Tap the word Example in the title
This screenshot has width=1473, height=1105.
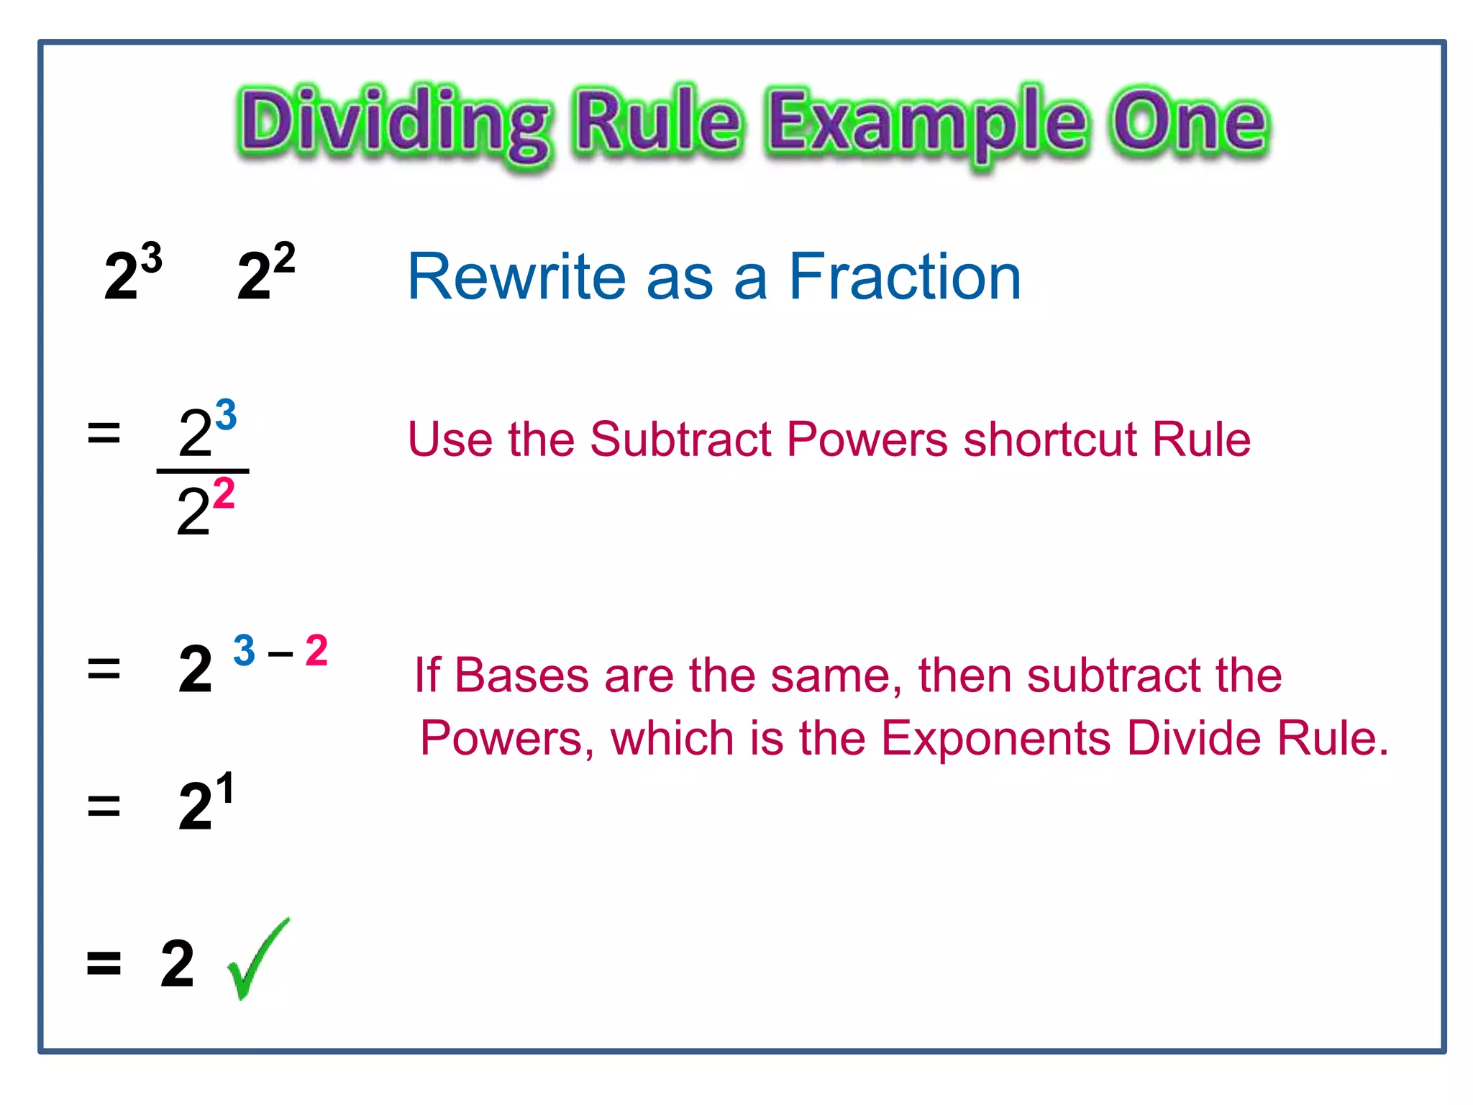pyautogui.click(x=926, y=124)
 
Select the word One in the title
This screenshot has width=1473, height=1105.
pyautogui.click(x=1188, y=122)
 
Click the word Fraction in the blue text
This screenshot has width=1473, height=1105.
pyautogui.click(x=905, y=277)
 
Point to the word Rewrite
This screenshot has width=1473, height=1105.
pyautogui.click(x=516, y=277)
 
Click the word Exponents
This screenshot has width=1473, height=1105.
pyautogui.click(x=996, y=739)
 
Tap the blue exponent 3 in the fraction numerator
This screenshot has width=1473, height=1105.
pyautogui.click(x=225, y=415)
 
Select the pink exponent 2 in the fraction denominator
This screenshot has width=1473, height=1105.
pyautogui.click(x=224, y=494)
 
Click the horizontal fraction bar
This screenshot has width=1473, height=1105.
pyautogui.click(x=203, y=471)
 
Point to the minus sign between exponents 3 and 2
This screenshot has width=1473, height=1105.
pyautogui.click(x=280, y=654)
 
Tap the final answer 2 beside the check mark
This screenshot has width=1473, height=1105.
pyautogui.click(x=177, y=964)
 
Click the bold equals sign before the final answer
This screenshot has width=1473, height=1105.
pyautogui.click(x=104, y=963)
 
